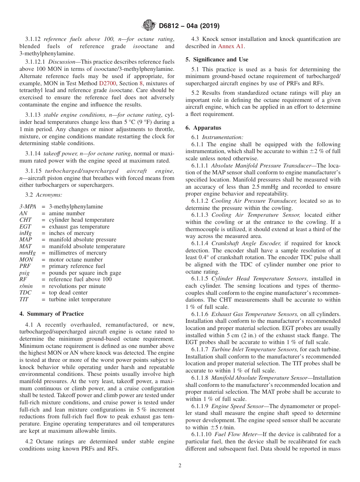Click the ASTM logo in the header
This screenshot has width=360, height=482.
click(x=148, y=26)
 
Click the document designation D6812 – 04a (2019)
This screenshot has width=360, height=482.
click(x=189, y=26)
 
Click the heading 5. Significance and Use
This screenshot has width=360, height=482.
click(x=217, y=59)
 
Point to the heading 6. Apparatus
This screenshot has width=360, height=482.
click(x=203, y=128)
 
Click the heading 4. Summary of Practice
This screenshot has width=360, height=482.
click(x=52, y=313)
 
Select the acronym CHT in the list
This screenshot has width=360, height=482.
click(x=25, y=220)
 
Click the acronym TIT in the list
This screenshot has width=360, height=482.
click(x=24, y=299)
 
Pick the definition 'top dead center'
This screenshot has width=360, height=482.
click(x=68, y=293)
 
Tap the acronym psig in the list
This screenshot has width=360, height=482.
click(x=25, y=273)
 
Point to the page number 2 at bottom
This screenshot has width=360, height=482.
click(x=180, y=466)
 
